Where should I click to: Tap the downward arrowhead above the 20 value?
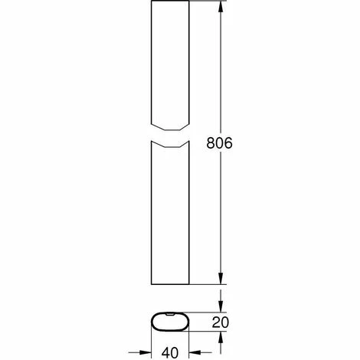click(x=221, y=306)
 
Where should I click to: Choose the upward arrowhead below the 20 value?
click(x=221, y=338)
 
